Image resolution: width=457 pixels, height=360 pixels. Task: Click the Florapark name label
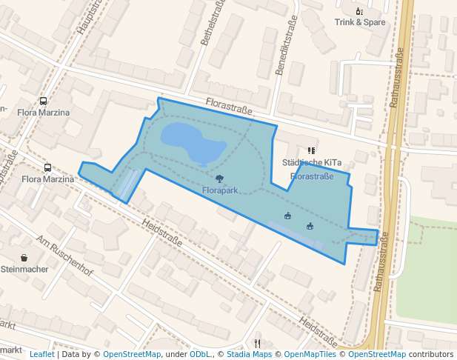pos(220,190)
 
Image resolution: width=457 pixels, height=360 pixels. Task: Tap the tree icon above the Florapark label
pos(219,179)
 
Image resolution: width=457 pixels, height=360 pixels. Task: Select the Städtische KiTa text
pos(312,162)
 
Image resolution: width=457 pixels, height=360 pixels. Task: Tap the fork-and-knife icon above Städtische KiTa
pos(311,151)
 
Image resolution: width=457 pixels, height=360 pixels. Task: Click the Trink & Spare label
pos(359,22)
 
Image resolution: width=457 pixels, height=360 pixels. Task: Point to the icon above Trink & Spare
pos(359,11)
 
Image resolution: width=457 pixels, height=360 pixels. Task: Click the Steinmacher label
pos(24,269)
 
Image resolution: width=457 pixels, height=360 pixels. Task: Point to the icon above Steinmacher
pos(24,258)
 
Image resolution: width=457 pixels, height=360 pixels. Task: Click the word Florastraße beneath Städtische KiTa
pos(312,176)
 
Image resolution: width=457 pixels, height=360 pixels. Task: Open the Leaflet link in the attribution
pos(42,355)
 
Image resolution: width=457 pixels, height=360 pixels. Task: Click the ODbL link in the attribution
pos(200,355)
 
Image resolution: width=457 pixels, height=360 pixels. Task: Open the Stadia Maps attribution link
pos(249,355)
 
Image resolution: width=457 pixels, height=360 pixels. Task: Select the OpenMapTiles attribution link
pos(307,355)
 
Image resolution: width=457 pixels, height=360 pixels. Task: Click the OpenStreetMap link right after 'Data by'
pos(132,355)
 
